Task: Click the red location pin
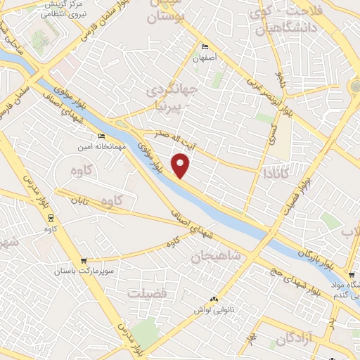pos(181,167)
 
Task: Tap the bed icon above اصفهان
pos(205,47)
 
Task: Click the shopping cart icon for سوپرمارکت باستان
pos(84,260)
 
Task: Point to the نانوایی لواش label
pos(214,309)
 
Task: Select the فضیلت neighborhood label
pos(148,292)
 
